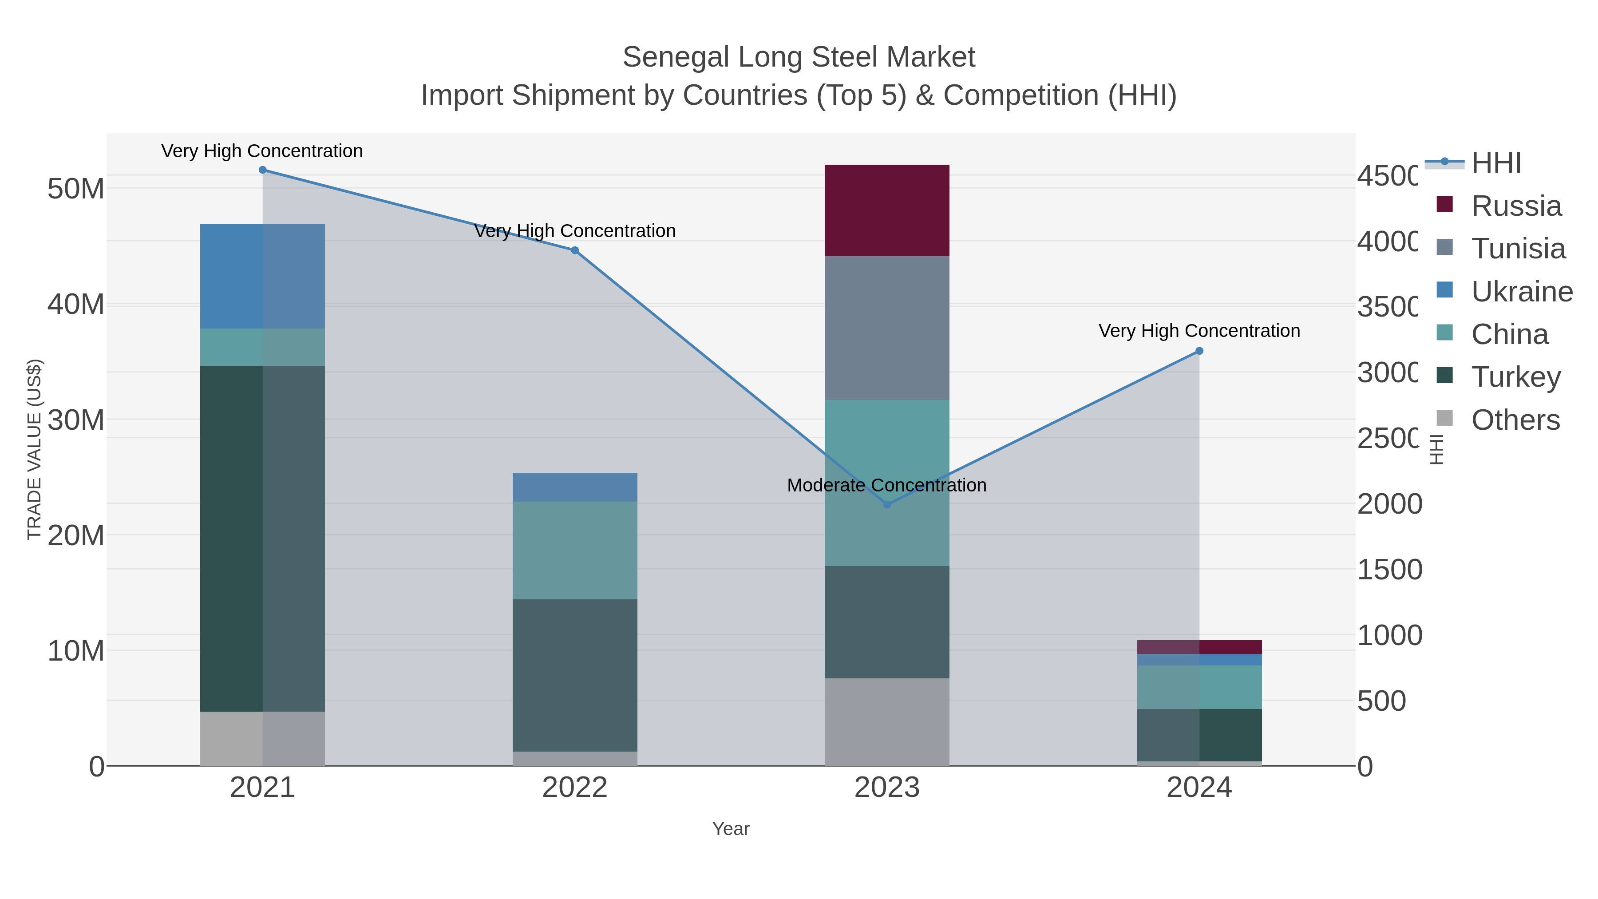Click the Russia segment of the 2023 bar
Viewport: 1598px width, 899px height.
886,210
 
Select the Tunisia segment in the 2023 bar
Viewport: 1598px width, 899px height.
886,328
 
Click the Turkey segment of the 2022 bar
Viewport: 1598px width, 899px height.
574,675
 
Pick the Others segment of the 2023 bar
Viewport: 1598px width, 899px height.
886,721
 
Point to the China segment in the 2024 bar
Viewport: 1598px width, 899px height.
1199,687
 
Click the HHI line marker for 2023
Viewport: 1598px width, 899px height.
886,504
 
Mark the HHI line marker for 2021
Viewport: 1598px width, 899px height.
262,170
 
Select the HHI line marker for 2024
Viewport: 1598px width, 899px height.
1199,351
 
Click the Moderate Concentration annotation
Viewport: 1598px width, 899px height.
886,485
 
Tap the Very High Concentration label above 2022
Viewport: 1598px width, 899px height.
574,231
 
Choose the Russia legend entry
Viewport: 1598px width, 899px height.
1515,206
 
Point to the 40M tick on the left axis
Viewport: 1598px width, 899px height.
75,305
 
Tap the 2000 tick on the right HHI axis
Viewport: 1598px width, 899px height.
1389,504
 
